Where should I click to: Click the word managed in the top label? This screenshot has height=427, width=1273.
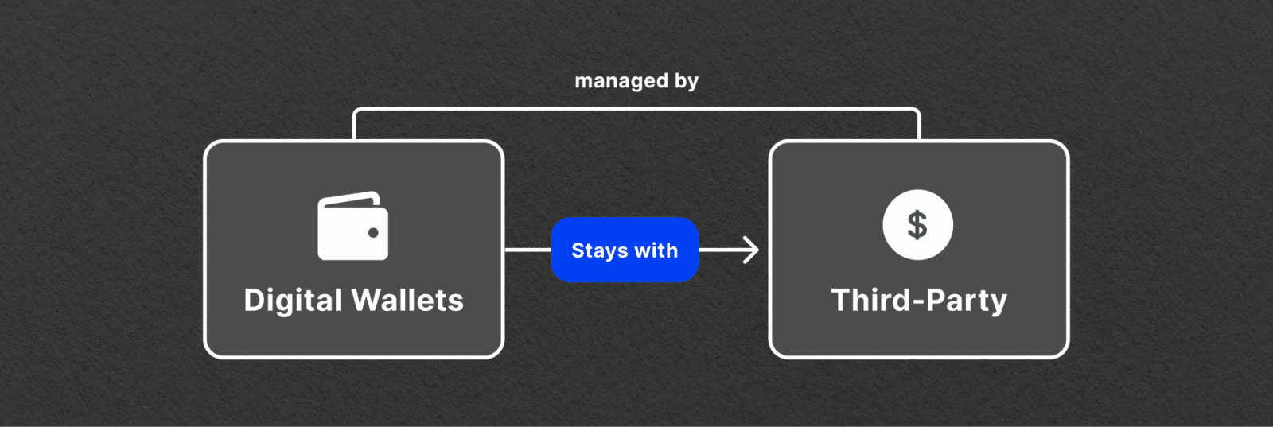pyautogui.click(x=621, y=82)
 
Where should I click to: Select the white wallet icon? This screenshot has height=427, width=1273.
pyautogui.click(x=353, y=226)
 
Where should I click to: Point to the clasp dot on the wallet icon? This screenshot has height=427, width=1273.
pyautogui.click(x=373, y=232)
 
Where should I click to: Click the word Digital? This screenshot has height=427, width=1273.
pyautogui.click(x=293, y=301)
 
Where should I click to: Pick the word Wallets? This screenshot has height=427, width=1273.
pyautogui.click(x=407, y=300)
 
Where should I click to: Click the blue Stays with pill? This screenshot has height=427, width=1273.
pyautogui.click(x=625, y=250)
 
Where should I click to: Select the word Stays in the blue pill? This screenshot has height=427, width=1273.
pyautogui.click(x=596, y=250)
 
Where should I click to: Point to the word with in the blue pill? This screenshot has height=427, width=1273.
pyautogui.click(x=656, y=250)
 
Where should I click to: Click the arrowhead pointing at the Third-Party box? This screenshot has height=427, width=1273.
pyautogui.click(x=752, y=250)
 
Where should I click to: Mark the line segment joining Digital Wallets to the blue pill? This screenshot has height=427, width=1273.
pyautogui.click(x=527, y=250)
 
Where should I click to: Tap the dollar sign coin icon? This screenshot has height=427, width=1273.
pyautogui.click(x=918, y=225)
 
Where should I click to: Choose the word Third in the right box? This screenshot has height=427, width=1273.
pyautogui.click(x=871, y=300)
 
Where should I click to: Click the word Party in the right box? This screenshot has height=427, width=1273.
pyautogui.click(x=967, y=301)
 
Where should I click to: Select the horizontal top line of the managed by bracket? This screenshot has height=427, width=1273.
pyautogui.click(x=636, y=108)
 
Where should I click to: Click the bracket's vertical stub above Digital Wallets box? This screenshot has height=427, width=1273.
pyautogui.click(x=354, y=125)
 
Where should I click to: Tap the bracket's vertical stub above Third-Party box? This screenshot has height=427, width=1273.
pyautogui.click(x=918, y=125)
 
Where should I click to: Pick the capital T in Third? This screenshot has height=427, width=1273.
pyautogui.click(x=840, y=300)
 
